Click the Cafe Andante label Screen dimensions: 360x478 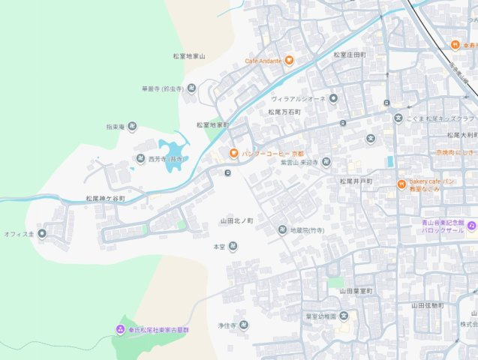pyautogui.click(x=263, y=61)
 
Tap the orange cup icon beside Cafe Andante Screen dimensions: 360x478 pyautogui.click(x=289, y=61)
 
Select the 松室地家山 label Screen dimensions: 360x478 pyautogui.click(x=189, y=56)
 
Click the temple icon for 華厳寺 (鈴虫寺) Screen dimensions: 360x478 pyautogui.click(x=191, y=88)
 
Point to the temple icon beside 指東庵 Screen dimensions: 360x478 pyautogui.click(x=132, y=127)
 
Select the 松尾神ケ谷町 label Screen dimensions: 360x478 pyautogui.click(x=105, y=199)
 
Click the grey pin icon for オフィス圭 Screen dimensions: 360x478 pyautogui.click(x=42, y=234)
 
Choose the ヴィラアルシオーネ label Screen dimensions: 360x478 pyautogui.click(x=298, y=98)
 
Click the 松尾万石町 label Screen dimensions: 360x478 pyautogui.click(x=284, y=112)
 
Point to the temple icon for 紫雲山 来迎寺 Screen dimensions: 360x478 pyautogui.click(x=326, y=162)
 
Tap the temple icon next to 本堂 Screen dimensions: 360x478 pyautogui.click(x=233, y=246)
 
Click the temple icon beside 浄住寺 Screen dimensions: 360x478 pyautogui.click(x=244, y=325)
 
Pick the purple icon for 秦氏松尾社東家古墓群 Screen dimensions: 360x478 pyautogui.click(x=120, y=330)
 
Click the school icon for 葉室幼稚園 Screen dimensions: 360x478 pyautogui.click(x=344, y=316)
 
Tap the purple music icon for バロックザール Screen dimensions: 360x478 pyautogui.click(x=472, y=225)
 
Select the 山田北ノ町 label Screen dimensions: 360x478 pyautogui.click(x=236, y=221)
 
